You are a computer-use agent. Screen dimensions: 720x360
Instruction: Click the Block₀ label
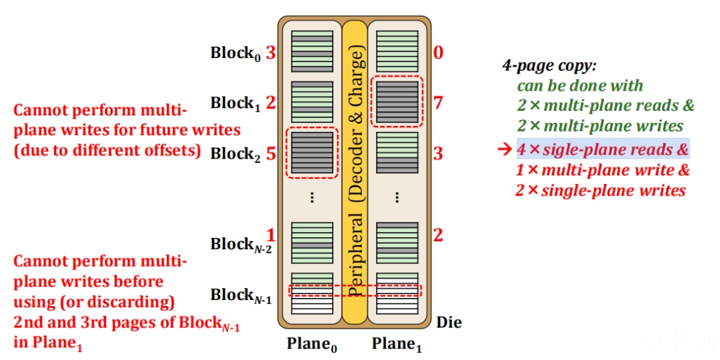tap(236, 53)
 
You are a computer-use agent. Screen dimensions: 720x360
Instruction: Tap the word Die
tap(449, 323)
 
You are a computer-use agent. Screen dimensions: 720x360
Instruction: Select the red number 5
tap(271, 153)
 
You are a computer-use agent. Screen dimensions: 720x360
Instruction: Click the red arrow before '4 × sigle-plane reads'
tap(505, 150)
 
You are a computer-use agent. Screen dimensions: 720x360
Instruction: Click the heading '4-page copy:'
tap(549, 65)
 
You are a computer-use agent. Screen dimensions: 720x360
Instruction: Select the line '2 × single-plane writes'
tap(600, 190)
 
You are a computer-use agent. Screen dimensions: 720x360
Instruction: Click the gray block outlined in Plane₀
tap(312, 153)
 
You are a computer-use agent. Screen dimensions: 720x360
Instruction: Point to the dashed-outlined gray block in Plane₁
tap(397, 103)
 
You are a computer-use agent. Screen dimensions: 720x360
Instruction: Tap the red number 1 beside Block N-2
tap(271, 235)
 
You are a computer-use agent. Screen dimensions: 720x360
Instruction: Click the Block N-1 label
tap(241, 296)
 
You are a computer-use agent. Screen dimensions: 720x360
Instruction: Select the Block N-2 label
tap(241, 245)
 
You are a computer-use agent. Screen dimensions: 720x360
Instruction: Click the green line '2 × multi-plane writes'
tap(600, 125)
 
